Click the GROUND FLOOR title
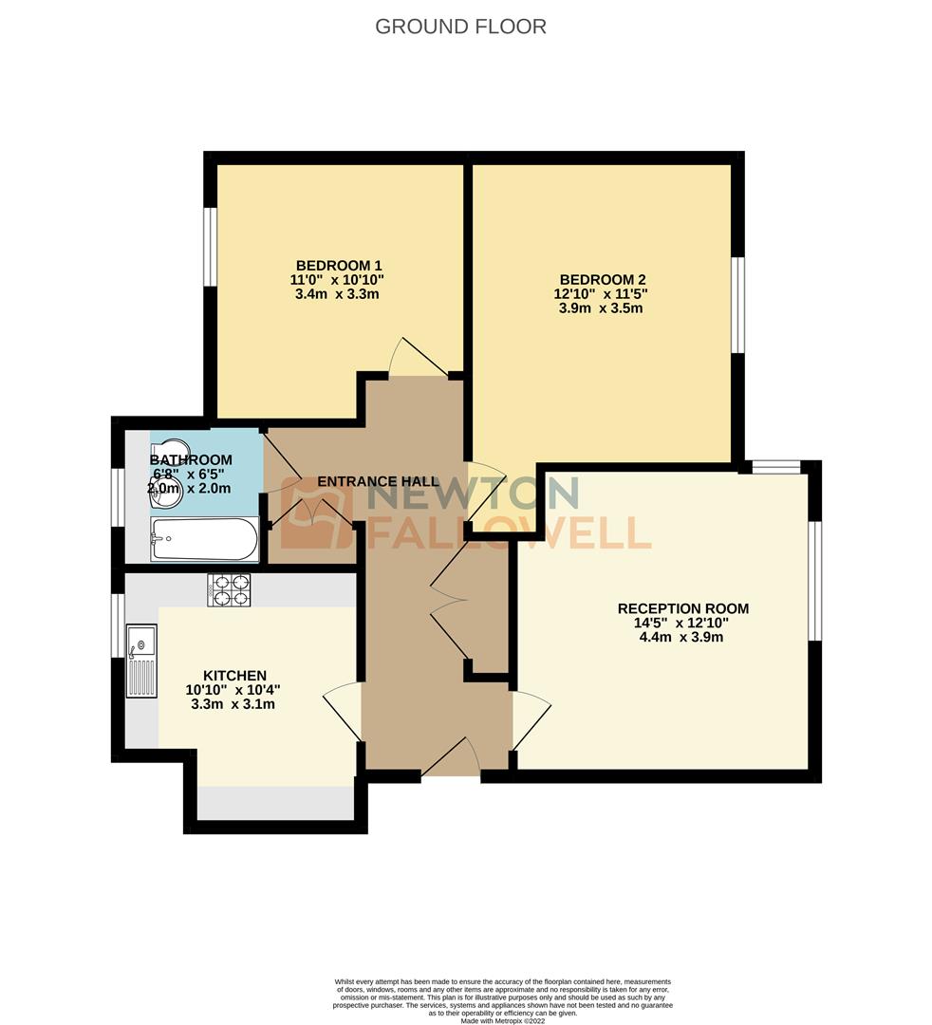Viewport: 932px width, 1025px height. pyautogui.click(x=460, y=26)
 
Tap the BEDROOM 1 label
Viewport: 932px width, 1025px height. pyautogui.click(x=339, y=265)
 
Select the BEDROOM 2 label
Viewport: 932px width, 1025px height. pyautogui.click(x=603, y=279)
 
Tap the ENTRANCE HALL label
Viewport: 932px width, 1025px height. pyautogui.click(x=378, y=482)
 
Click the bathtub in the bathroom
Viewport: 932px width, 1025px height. pyautogui.click(x=204, y=539)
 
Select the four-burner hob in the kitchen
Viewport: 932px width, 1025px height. pyautogui.click(x=229, y=589)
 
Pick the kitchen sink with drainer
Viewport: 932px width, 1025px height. pyautogui.click(x=141, y=661)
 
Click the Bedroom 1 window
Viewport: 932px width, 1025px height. pyautogui.click(x=211, y=246)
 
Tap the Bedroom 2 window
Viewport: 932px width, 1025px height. pyautogui.click(x=738, y=304)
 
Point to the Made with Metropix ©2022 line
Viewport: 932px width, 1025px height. pyautogui.click(x=503, y=1020)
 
